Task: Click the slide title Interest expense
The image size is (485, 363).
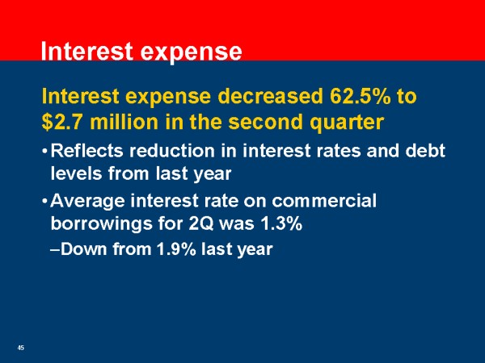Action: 141,52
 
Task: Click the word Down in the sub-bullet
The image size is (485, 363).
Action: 78,248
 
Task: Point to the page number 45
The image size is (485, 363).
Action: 21,348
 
